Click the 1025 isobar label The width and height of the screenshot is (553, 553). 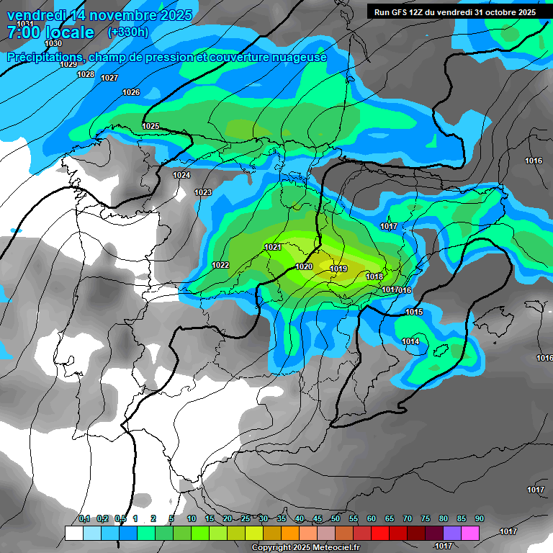[150, 127]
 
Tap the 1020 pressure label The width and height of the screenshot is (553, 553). [304, 266]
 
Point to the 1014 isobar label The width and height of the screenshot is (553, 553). [410, 341]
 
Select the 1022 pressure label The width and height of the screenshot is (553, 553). [220, 266]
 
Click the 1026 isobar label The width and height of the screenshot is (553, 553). [131, 92]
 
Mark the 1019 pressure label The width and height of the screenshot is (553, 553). [339, 269]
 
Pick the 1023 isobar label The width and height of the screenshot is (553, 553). [203, 192]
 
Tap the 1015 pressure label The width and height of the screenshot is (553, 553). [414, 312]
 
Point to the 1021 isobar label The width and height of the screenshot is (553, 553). [273, 247]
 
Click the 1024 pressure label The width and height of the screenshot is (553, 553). [181, 175]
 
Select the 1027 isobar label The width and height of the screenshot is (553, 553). [109, 78]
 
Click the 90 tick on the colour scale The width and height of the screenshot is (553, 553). [479, 519]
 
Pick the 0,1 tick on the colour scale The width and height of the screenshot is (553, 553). [84, 519]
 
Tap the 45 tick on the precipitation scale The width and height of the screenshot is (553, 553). [318, 519]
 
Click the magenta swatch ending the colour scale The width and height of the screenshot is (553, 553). [470, 533]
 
